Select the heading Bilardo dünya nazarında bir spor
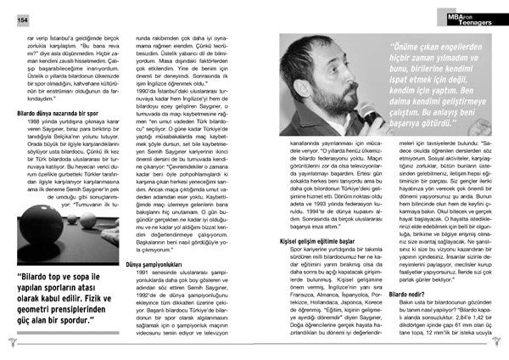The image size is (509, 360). click(x=57, y=112)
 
